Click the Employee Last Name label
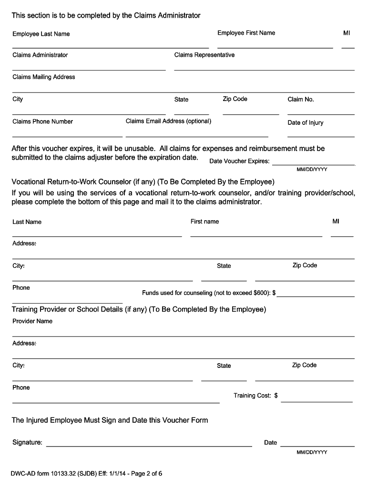[41, 34]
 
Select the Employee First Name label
[246, 33]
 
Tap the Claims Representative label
[204, 55]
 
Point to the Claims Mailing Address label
[44, 77]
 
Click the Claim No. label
[301, 99]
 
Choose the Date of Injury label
[305, 122]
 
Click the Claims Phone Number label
[42, 121]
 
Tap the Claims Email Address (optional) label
[168, 121]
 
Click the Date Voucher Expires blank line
[313, 164]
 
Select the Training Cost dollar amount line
[317, 402]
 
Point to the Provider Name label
[32, 321]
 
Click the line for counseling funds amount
[316, 296]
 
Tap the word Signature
[27, 442]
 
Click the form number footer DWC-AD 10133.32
[87, 474]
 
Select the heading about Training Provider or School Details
[139, 309]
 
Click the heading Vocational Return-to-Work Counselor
[143, 182]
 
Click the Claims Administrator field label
[40, 55]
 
